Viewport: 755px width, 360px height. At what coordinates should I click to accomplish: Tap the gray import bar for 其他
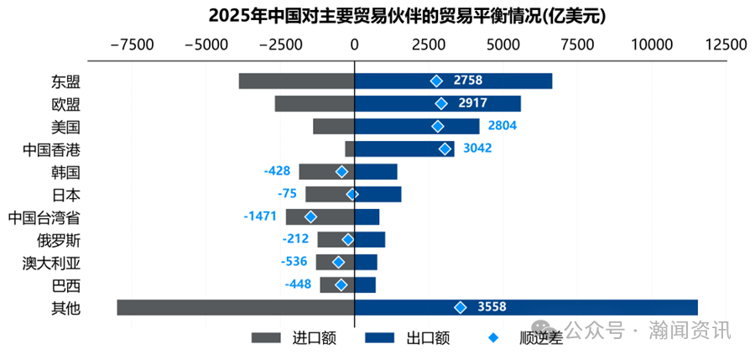(235, 307)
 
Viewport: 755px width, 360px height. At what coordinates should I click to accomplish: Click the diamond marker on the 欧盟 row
(441, 103)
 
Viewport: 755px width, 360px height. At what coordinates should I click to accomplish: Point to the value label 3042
(477, 149)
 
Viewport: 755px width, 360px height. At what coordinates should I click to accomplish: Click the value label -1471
(260, 217)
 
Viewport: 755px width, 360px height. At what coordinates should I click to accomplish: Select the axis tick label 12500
(724, 44)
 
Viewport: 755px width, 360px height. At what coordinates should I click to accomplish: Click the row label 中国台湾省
(44, 217)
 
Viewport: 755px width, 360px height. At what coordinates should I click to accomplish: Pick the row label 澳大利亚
(51, 263)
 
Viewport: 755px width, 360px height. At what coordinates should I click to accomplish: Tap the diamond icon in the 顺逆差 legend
(493, 338)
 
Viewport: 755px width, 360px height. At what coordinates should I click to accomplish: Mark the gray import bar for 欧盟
(315, 103)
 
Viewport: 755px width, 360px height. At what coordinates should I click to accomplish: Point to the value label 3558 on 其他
(492, 307)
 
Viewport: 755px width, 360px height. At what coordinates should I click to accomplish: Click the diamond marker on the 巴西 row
(341, 285)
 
